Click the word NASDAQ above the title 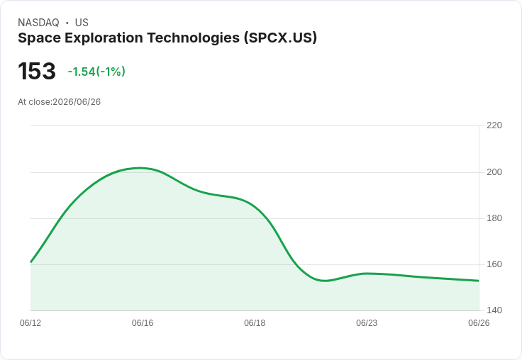pyautogui.click(x=38, y=23)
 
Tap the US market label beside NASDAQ pyautogui.click(x=82, y=23)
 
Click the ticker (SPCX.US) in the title pyautogui.click(x=280, y=38)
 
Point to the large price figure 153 pyautogui.click(x=37, y=71)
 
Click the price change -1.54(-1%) pyautogui.click(x=96, y=72)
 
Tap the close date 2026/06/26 pyautogui.click(x=77, y=102)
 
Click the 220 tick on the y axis pyautogui.click(x=494, y=125)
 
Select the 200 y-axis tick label pyautogui.click(x=494, y=172)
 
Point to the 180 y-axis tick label pyautogui.click(x=494, y=218)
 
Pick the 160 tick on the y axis pyautogui.click(x=494, y=264)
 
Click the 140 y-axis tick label pyautogui.click(x=494, y=310)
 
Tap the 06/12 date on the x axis pyautogui.click(x=30, y=323)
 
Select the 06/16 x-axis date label pyautogui.click(x=143, y=323)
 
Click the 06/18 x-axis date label pyautogui.click(x=255, y=323)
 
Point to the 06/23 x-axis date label pyautogui.click(x=367, y=323)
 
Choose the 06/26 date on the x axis pyautogui.click(x=479, y=323)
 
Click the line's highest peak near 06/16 pyautogui.click(x=140, y=168)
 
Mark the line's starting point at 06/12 pyautogui.click(x=30, y=262)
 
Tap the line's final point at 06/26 pyautogui.click(x=479, y=281)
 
